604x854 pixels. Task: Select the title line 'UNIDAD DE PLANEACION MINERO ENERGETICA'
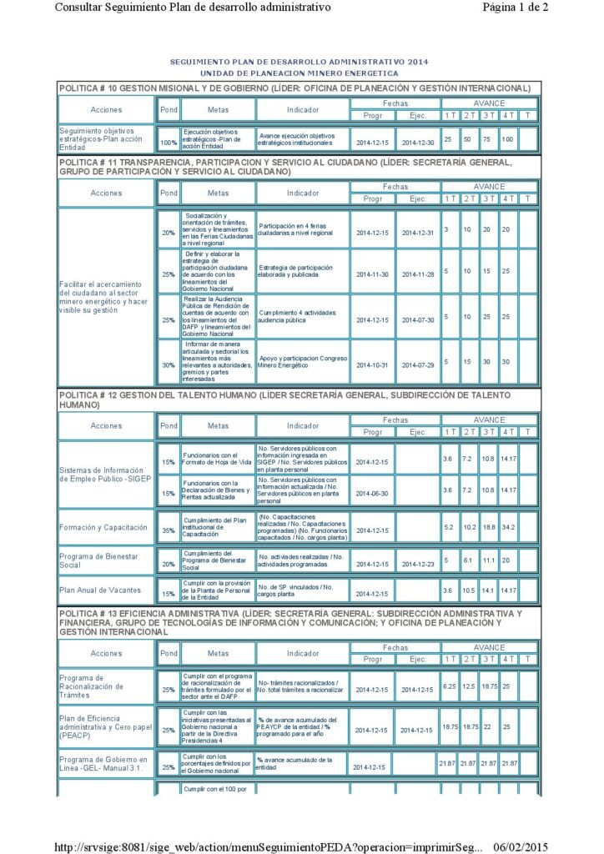(299, 73)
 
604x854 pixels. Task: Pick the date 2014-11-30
(372, 274)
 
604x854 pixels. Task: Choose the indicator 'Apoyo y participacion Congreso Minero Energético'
(302, 362)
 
